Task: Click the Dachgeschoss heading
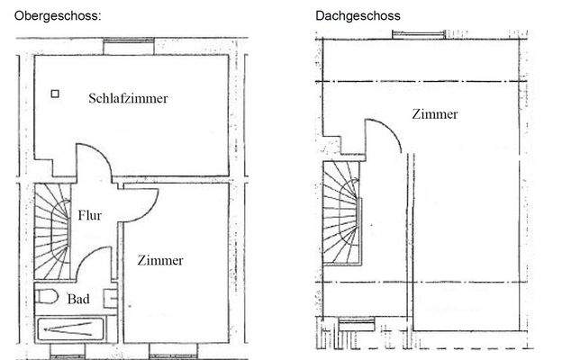coord(358,15)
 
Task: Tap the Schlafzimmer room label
coord(128,98)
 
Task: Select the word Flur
coord(89,215)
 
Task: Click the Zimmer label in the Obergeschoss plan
coord(160,261)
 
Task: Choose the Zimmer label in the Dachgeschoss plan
coord(435,114)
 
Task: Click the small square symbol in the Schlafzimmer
coord(55,93)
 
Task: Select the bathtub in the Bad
coord(70,329)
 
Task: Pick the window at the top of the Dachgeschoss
coord(418,36)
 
